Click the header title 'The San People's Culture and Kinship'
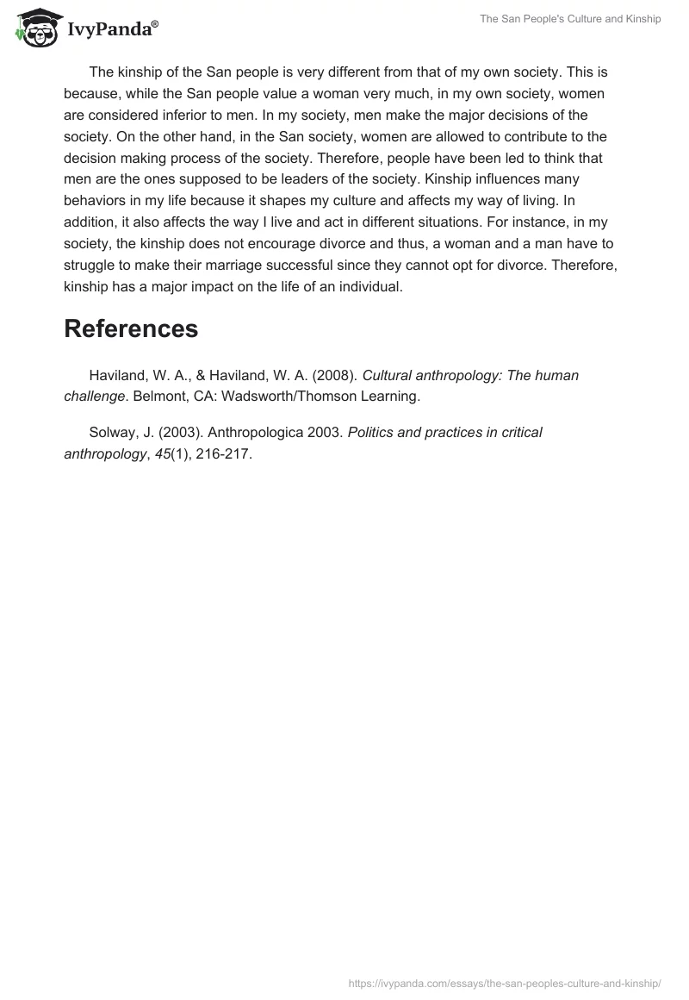[x=570, y=19]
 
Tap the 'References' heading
[x=131, y=328]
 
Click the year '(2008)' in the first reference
[x=331, y=375]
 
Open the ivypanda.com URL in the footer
[x=505, y=983]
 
